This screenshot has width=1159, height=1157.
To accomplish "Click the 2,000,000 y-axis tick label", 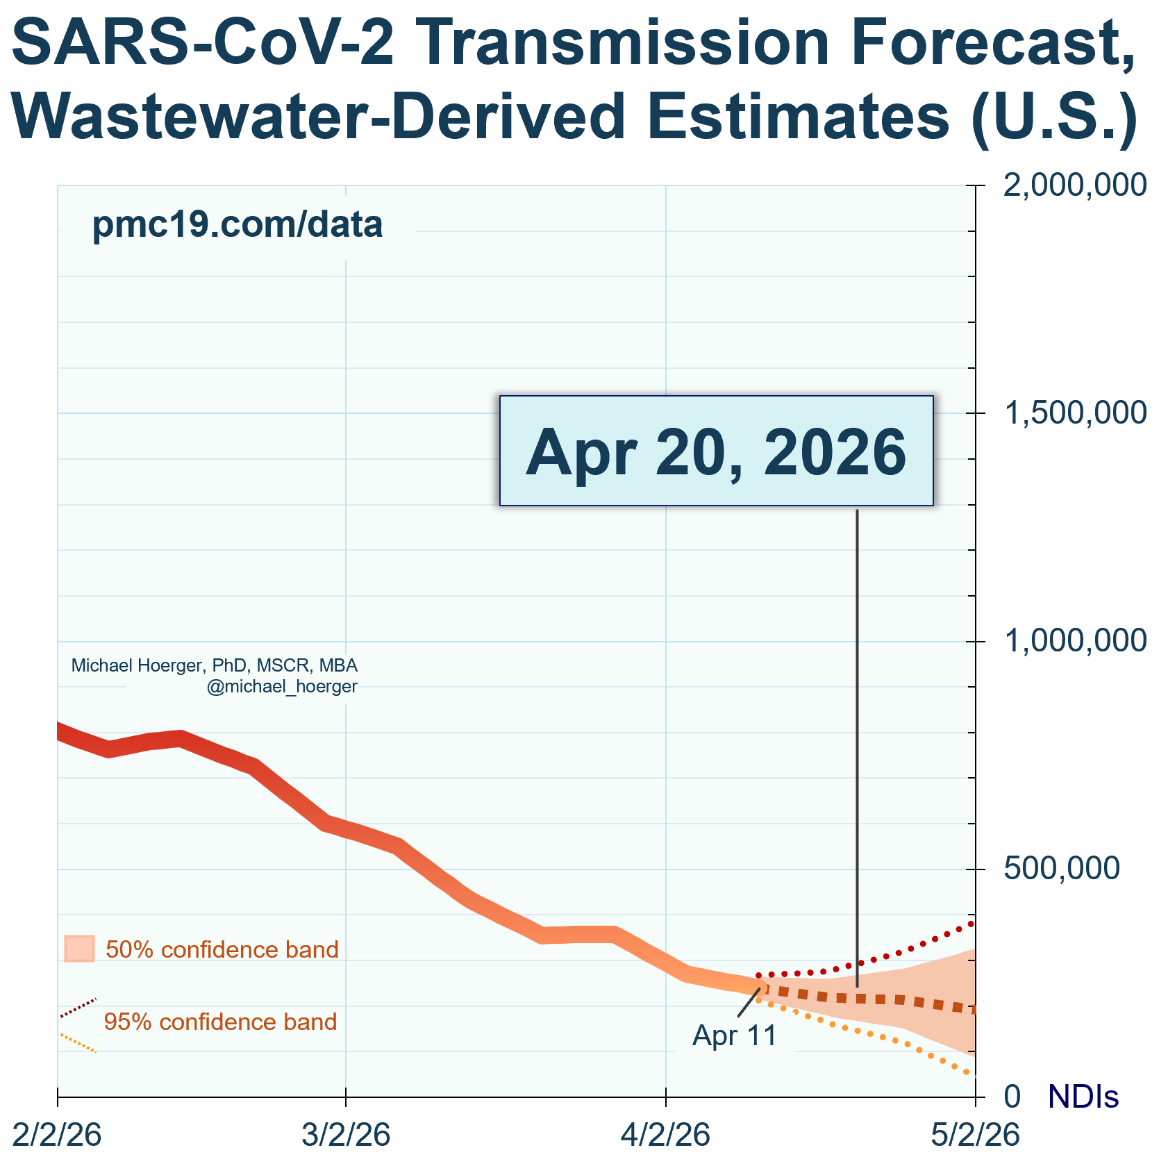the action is pyautogui.click(x=1074, y=185).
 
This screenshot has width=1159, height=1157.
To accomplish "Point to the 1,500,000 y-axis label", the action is pyautogui.click(x=1074, y=413).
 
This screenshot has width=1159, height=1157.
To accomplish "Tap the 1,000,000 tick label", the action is pyautogui.click(x=1074, y=641).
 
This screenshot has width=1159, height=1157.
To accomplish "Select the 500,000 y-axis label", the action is pyautogui.click(x=1062, y=869).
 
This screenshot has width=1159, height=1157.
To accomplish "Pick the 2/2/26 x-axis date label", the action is pyautogui.click(x=58, y=1135).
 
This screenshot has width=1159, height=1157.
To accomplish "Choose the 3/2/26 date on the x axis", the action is pyautogui.click(x=346, y=1135).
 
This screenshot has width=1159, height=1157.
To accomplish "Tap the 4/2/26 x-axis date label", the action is pyautogui.click(x=666, y=1135).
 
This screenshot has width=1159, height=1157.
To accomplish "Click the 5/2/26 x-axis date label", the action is pyautogui.click(x=975, y=1135).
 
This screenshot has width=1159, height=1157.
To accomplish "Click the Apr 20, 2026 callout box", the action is pyautogui.click(x=717, y=451).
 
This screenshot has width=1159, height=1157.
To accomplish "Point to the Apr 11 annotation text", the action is pyautogui.click(x=735, y=1035).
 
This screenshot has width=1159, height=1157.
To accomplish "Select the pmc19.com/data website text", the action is pyautogui.click(x=237, y=225).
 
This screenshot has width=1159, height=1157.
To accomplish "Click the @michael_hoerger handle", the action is pyautogui.click(x=282, y=687).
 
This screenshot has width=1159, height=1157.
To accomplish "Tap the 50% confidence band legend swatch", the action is pyautogui.click(x=79, y=949).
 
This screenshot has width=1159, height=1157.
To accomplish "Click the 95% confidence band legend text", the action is pyautogui.click(x=220, y=1022).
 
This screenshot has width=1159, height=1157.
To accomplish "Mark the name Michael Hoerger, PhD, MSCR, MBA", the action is pyautogui.click(x=215, y=665).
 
